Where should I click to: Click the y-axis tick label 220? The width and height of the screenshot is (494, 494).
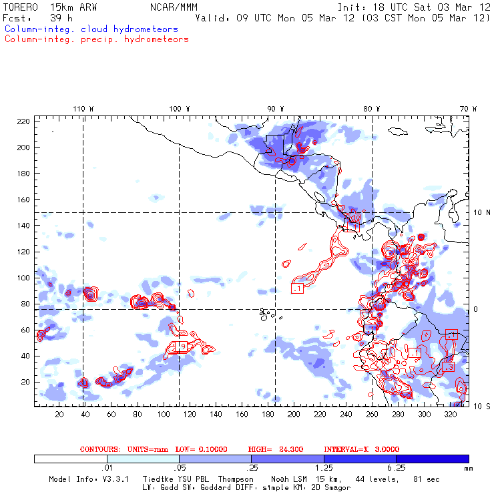pos(23,121)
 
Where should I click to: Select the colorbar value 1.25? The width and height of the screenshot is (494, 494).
pos(324,469)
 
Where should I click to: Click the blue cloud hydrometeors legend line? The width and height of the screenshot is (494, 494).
pos(91,29)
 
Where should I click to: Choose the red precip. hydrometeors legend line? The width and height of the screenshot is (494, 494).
pos(96,39)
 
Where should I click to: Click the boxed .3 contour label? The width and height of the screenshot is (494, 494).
pos(448,367)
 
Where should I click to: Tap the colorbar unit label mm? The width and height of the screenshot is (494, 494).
pos(467,469)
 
